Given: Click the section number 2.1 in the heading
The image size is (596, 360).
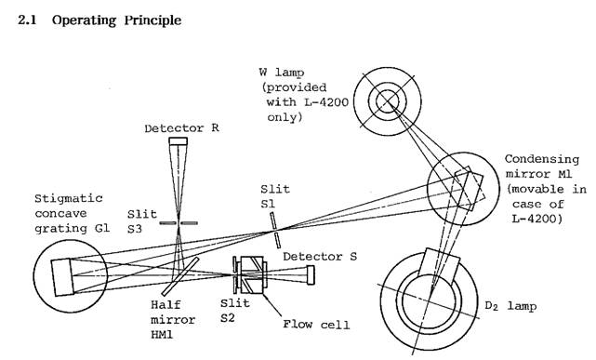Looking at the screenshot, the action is tap(27, 20).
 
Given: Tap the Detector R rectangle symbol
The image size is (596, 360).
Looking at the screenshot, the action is tap(178, 141).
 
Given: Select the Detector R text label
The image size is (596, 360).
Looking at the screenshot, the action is tap(181, 128).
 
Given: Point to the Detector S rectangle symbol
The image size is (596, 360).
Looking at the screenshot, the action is tap(311, 274).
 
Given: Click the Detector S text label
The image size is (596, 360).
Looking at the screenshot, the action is tap(320, 257).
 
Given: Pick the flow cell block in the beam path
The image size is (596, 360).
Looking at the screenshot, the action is tap(251, 274).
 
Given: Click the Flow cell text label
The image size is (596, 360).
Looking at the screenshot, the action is tap(316, 325).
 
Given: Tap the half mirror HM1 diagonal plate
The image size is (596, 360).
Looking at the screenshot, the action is tap(180, 276).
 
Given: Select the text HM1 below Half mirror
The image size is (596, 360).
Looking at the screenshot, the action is tap(162, 335).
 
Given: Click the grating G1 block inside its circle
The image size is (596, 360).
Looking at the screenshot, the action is tap(62, 277).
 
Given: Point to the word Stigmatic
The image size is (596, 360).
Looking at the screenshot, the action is tap(69, 199).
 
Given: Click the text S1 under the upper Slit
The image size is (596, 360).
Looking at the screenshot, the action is tap(268, 204).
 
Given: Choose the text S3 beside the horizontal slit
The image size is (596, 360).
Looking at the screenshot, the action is tap(135, 229).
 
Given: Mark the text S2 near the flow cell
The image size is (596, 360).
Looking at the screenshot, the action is tap(227, 318).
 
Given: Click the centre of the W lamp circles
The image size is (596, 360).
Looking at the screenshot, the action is tap(388, 101).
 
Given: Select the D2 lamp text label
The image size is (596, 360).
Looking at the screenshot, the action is tap(510, 306).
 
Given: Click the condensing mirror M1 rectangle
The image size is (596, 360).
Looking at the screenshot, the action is tap(469, 189).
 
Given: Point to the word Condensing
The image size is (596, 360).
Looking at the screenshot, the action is tap(542, 159).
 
